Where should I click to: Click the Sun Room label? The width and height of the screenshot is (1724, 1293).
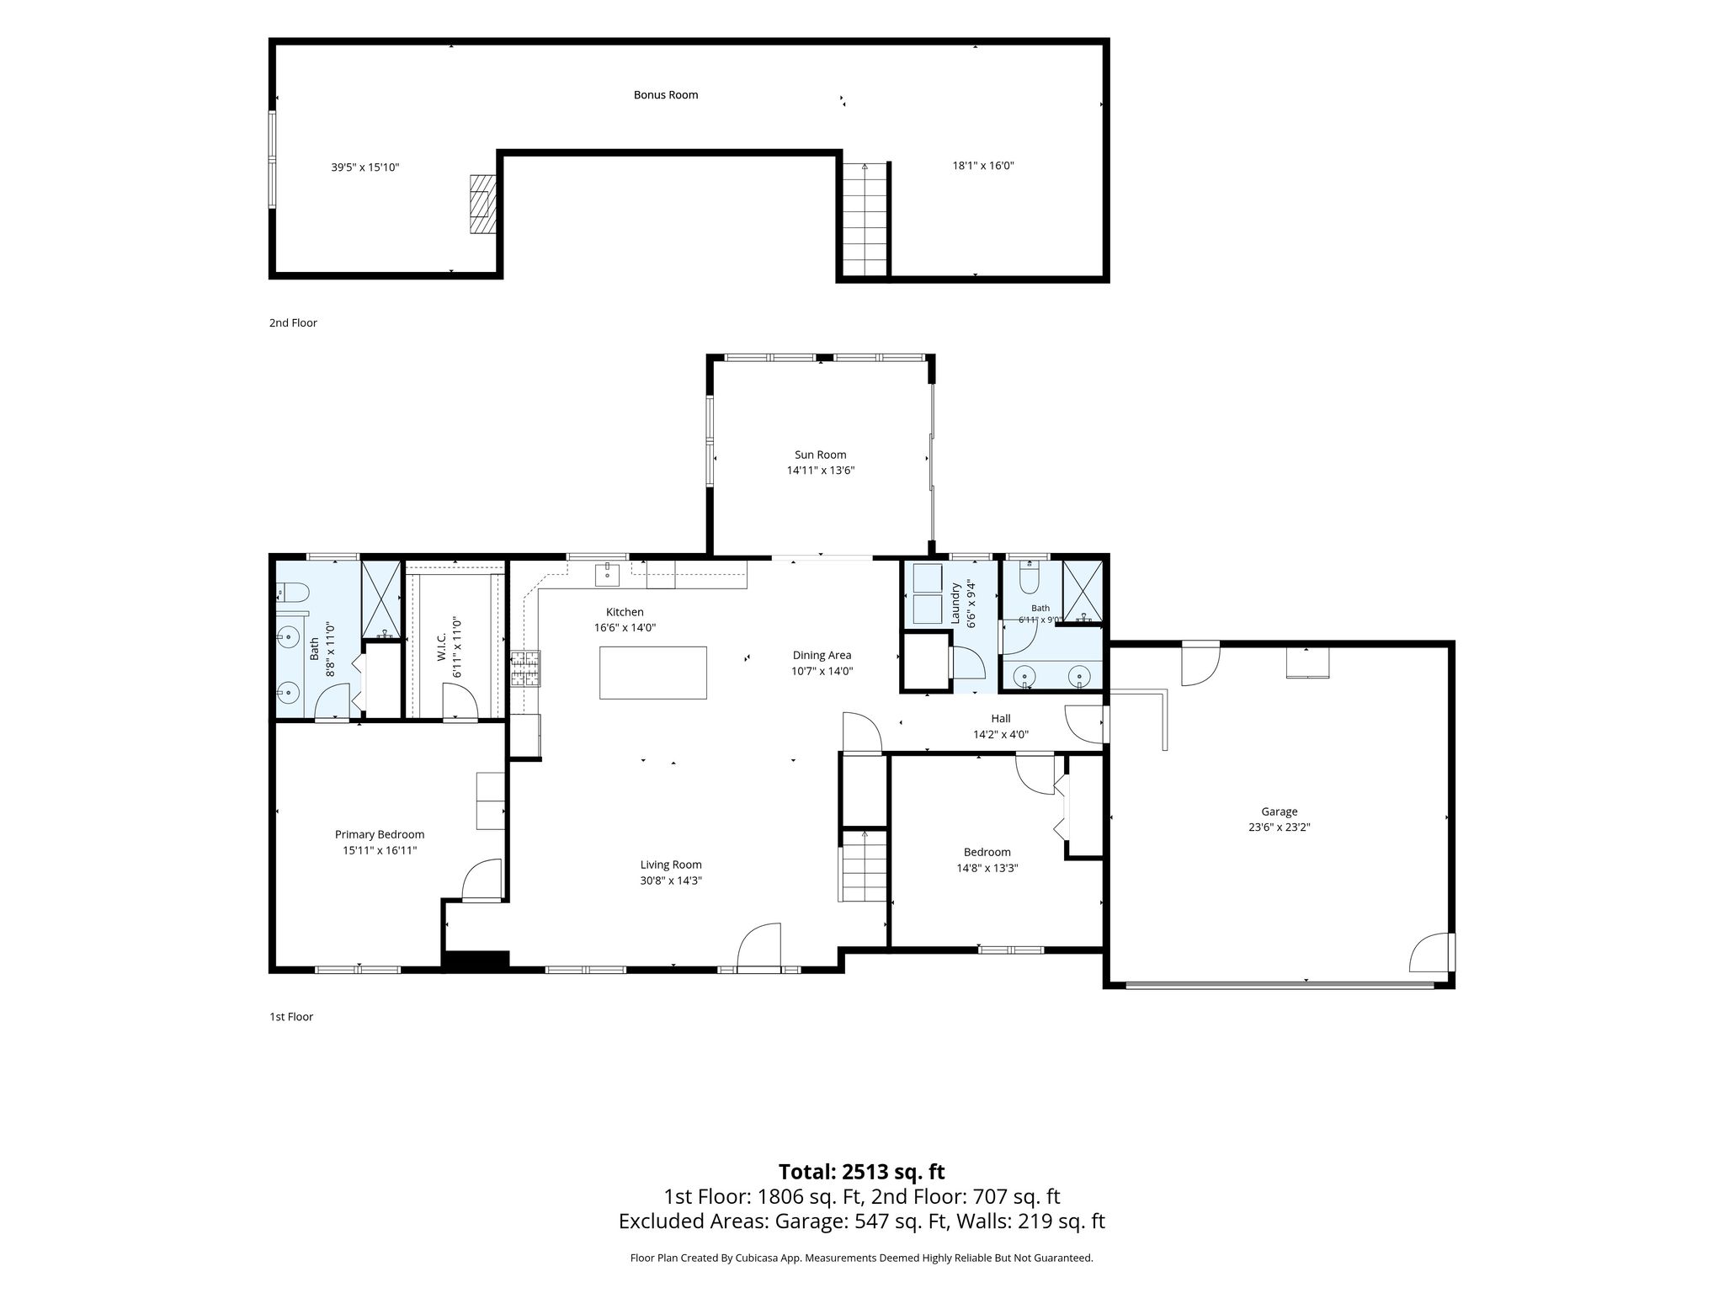821,455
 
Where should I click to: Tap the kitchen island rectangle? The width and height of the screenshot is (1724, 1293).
652,673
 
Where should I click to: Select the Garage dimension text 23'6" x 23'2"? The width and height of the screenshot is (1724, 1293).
1279,827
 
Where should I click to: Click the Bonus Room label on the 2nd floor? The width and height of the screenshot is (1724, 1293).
666,95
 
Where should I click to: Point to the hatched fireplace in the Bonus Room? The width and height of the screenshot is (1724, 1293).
483,203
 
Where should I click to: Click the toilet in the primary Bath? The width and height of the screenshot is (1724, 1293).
291,594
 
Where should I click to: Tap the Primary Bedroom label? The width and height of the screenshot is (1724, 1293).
380,834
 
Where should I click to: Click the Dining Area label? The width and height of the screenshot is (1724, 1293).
822,655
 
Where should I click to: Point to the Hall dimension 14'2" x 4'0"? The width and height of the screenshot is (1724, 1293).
1001,734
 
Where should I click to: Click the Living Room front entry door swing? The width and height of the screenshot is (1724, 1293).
759,946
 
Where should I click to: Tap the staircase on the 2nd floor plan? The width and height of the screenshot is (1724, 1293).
865,219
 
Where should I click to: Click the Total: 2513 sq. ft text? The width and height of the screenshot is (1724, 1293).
861,1172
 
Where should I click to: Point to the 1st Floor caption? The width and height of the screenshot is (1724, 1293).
291,1017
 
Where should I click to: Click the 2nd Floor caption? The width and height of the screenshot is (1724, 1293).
293,323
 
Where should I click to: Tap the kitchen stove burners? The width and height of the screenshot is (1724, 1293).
525,669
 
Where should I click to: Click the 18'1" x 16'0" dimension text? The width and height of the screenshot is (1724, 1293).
983,166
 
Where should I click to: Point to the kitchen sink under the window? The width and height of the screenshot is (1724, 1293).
607,575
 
